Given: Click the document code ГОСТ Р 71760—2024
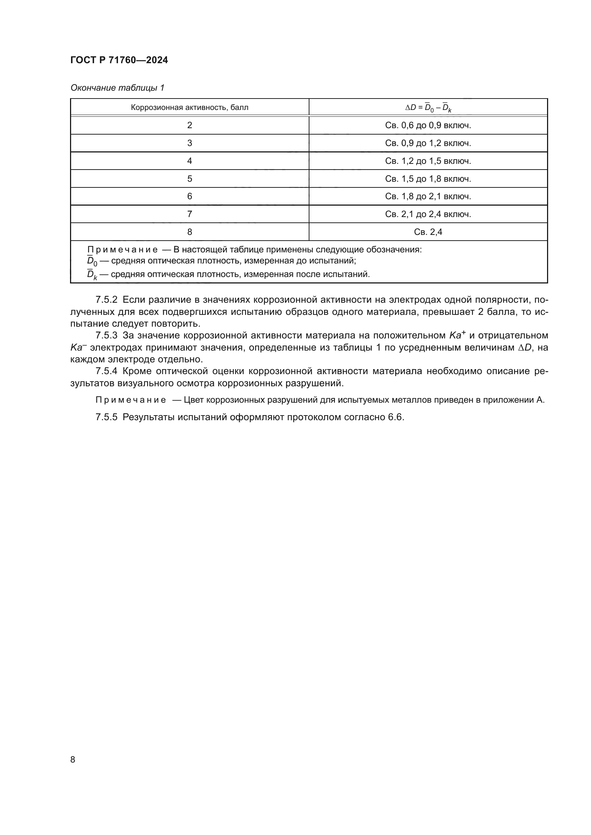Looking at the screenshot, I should [x=119, y=60].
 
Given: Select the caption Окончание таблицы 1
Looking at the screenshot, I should [x=117, y=88].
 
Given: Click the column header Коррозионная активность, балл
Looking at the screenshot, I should [x=189, y=108].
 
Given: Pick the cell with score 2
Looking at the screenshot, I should [x=189, y=125].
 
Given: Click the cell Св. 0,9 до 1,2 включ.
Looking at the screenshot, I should [x=428, y=143].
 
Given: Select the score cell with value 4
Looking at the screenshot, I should [x=189, y=161].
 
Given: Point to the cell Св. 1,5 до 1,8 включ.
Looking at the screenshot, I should [x=428, y=179].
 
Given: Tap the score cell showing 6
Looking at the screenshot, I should [x=189, y=196].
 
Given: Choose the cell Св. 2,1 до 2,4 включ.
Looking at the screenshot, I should [x=428, y=214].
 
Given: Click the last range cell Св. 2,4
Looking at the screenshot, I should [x=428, y=232].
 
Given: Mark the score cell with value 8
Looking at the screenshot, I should [x=189, y=232].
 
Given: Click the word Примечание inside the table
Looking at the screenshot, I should [x=122, y=250].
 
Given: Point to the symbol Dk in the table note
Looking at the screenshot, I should [x=92, y=275].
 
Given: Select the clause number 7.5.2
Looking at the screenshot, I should [x=106, y=300].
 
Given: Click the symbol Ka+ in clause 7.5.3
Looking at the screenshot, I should [x=457, y=335].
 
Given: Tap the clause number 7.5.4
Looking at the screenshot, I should [x=106, y=371].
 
